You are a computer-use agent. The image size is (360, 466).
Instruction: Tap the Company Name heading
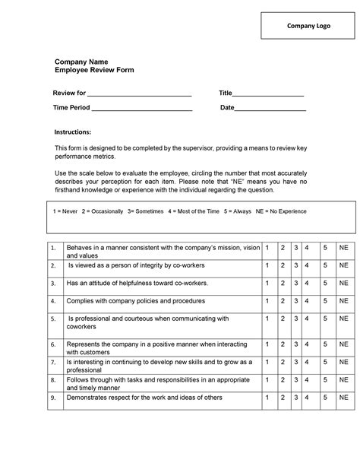pos(81,61)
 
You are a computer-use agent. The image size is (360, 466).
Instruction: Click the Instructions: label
pos(72,132)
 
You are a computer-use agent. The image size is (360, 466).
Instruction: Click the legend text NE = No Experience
pos(281,211)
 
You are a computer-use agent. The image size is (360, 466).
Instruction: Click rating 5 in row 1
pos(324,249)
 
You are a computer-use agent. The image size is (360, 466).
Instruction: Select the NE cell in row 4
pos(343,301)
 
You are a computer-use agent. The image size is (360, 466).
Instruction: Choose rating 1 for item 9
pos(267,397)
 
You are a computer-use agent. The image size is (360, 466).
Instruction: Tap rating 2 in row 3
pos(283,284)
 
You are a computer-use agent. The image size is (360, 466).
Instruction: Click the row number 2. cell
pos(53,266)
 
